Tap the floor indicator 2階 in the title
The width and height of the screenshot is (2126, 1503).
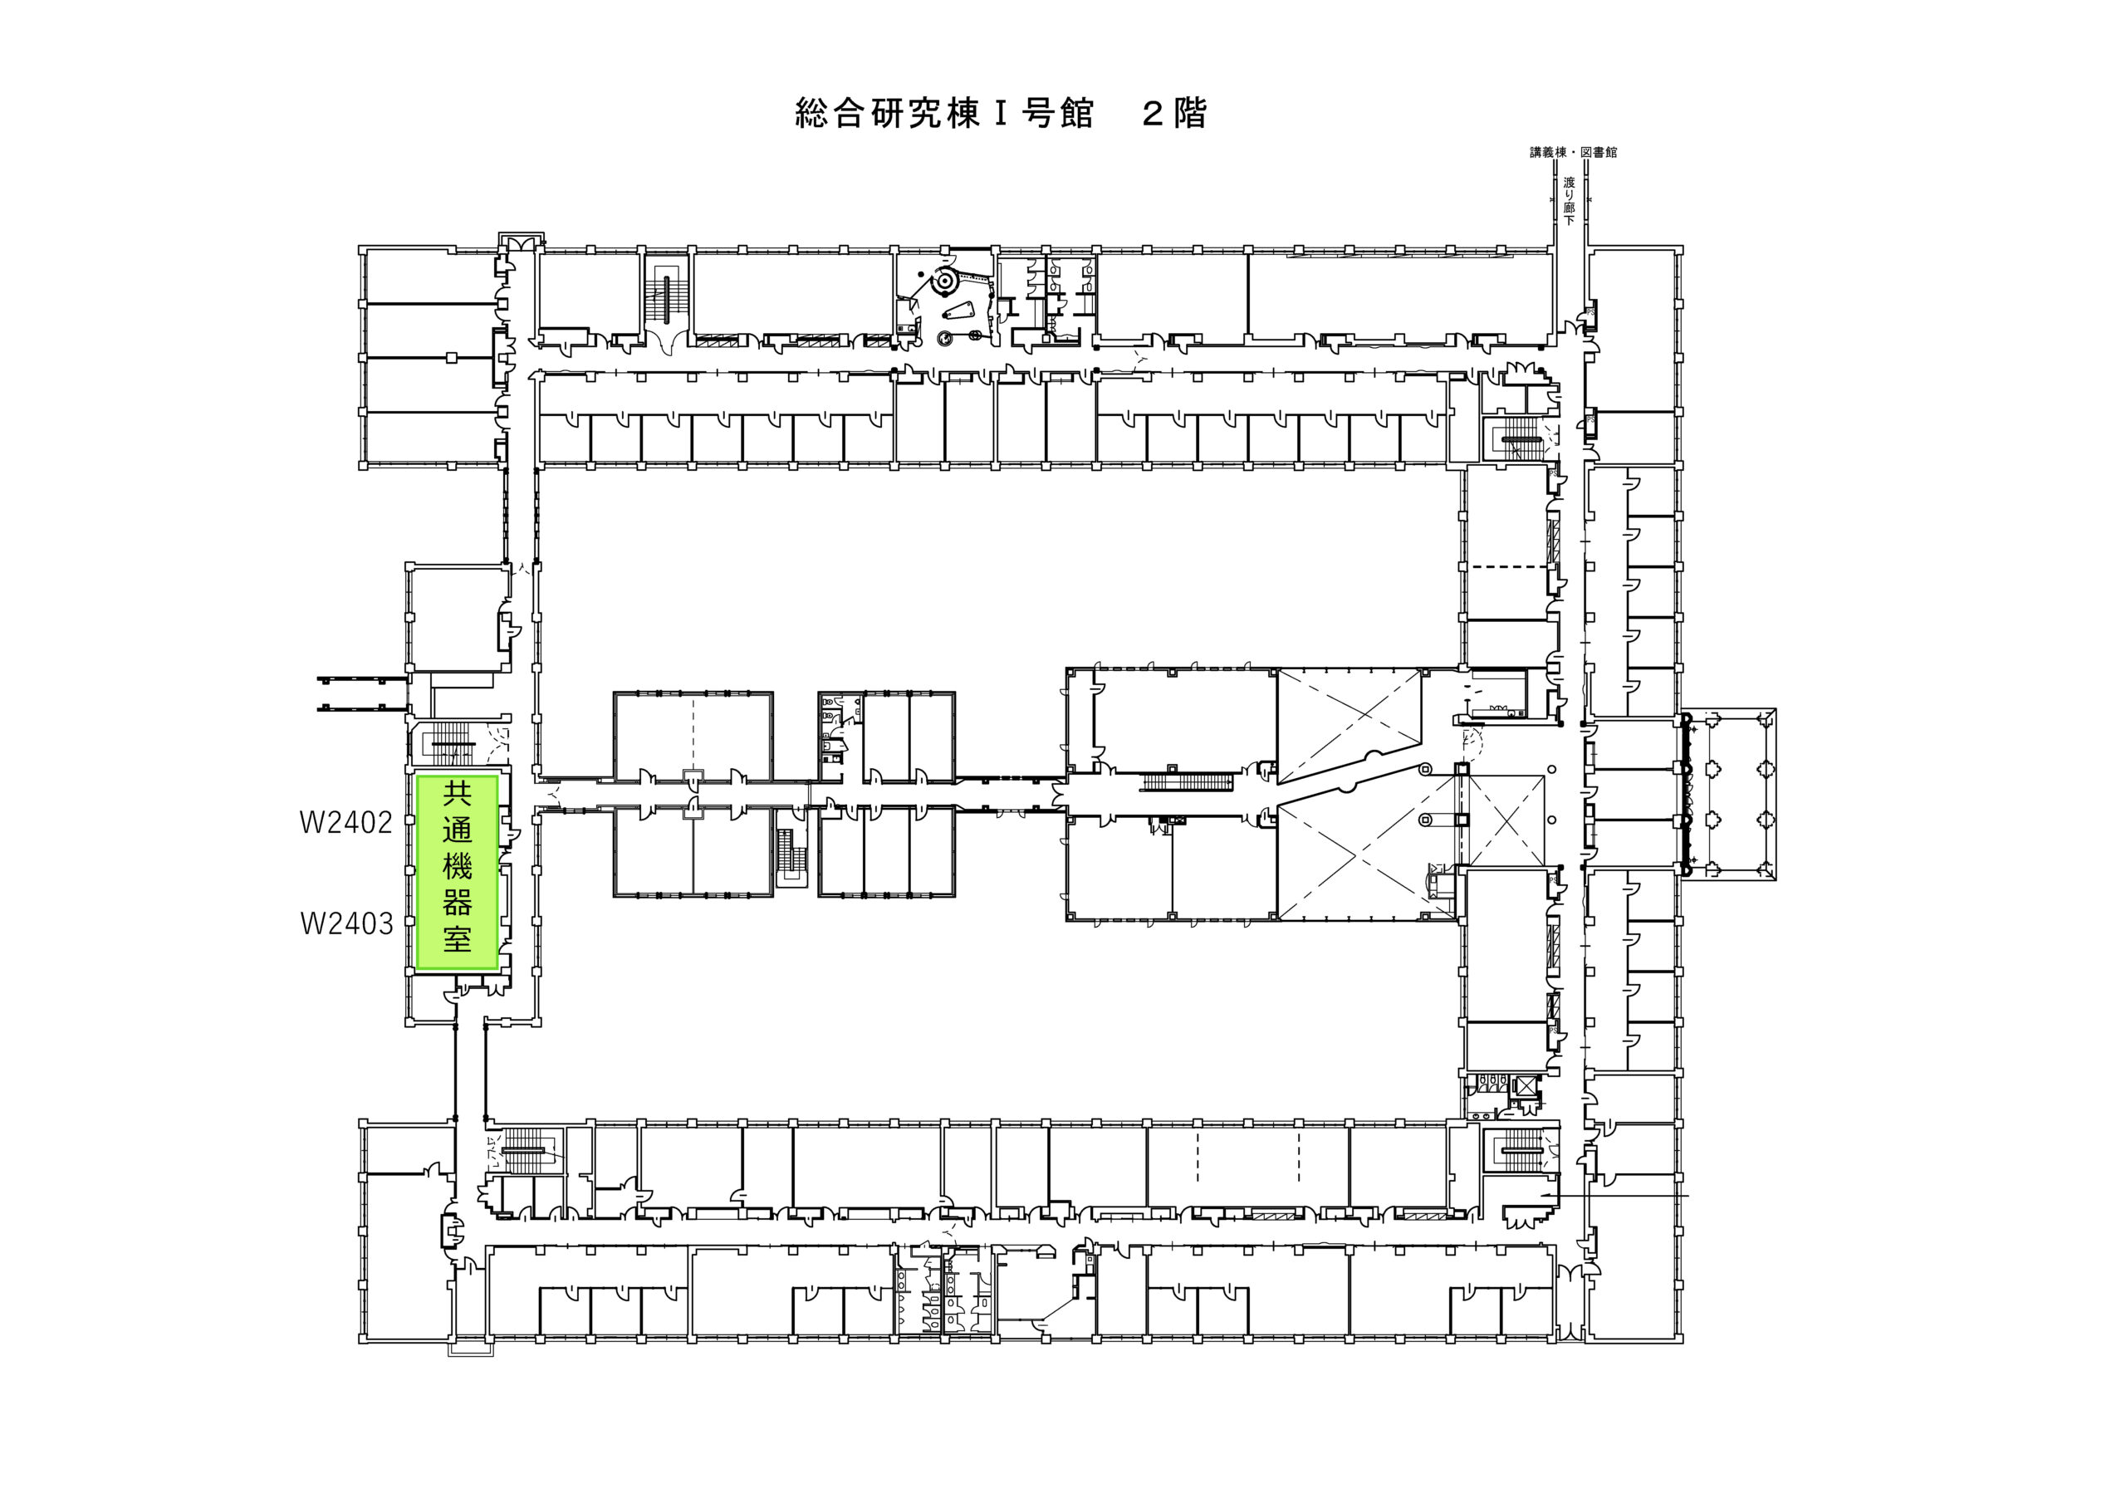pyautogui.click(x=1174, y=113)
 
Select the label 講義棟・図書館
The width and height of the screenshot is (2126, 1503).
pyautogui.click(x=1573, y=152)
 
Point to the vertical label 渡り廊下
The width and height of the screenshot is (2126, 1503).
pyautogui.click(x=1569, y=201)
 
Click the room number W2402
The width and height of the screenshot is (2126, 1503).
pyautogui.click(x=346, y=822)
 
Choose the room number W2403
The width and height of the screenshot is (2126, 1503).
pyautogui.click(x=346, y=923)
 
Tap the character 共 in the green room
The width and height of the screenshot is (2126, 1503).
pyautogui.click(x=458, y=794)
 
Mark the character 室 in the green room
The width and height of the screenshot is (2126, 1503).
pyautogui.click(x=458, y=939)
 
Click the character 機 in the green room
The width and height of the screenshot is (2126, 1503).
pyautogui.click(x=458, y=867)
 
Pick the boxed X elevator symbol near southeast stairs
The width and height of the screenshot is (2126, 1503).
pyautogui.click(x=1524, y=1085)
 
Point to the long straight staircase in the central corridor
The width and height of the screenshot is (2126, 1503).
pyautogui.click(x=1186, y=783)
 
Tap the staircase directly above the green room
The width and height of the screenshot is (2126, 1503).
pyautogui.click(x=452, y=744)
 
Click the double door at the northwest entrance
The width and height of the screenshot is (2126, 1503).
pyautogui.click(x=517, y=242)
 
